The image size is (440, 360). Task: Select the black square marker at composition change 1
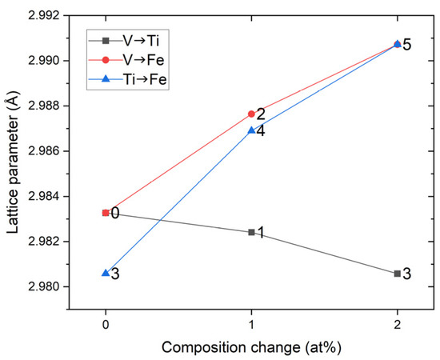(252, 232)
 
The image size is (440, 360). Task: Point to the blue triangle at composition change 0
(106, 274)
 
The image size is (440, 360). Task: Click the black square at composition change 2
(398, 274)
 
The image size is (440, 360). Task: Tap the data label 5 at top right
(407, 45)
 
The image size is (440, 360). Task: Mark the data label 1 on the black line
(261, 233)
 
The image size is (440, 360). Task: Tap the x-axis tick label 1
(252, 323)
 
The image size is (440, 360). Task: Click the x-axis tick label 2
(398, 323)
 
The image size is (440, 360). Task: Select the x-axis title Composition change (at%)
(251, 347)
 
